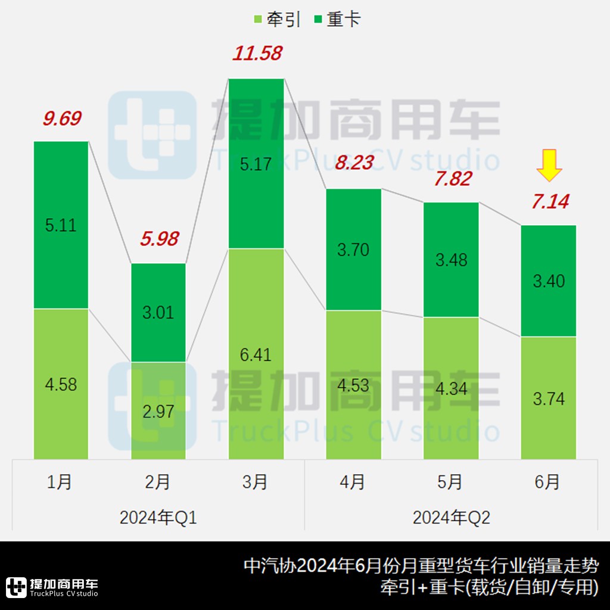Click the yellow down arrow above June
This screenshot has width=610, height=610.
[x=549, y=167]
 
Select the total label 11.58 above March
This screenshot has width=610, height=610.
[x=257, y=54]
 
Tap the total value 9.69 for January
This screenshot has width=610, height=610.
[x=62, y=118]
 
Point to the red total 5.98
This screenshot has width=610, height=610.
[x=159, y=239]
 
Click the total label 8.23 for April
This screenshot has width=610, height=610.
[x=354, y=163]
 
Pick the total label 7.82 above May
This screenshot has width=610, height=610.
[x=452, y=178]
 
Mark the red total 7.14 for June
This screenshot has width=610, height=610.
[x=550, y=201]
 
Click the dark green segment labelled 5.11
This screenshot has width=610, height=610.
[x=61, y=225]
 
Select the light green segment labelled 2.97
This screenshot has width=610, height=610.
[x=158, y=411]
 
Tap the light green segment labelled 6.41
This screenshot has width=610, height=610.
[x=256, y=354]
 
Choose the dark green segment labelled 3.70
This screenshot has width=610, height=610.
[x=353, y=250]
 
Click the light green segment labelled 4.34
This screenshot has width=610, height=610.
[x=451, y=388]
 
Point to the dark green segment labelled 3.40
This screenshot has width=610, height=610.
[x=549, y=281]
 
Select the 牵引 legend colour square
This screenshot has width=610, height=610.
[x=257, y=20]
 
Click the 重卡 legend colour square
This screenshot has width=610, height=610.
[x=316, y=20]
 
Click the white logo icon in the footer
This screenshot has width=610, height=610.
[x=16, y=587]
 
